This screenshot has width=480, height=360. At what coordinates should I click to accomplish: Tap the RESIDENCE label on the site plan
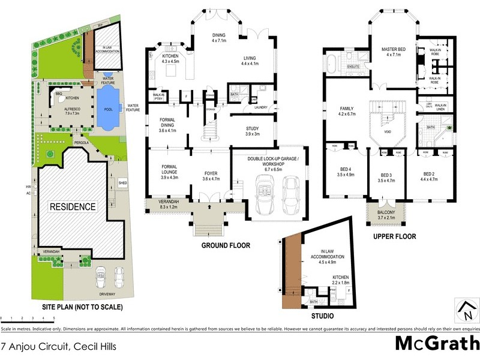pyautogui.click(x=72, y=207)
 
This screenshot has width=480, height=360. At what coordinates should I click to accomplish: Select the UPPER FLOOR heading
pyautogui.click(x=394, y=236)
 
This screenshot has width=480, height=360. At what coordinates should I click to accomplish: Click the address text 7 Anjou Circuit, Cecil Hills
pyautogui.click(x=59, y=346)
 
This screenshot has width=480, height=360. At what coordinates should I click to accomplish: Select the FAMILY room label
pyautogui.click(x=347, y=109)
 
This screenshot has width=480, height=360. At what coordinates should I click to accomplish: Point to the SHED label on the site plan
pyautogui.click(x=122, y=182)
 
